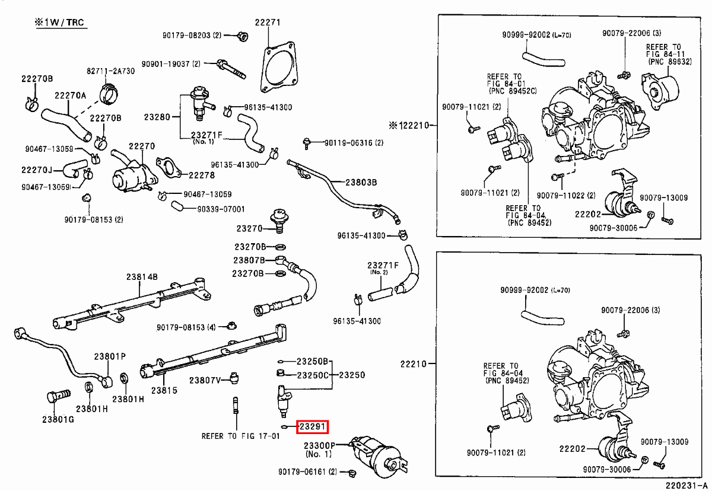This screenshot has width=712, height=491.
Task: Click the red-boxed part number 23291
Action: pyautogui.click(x=313, y=427)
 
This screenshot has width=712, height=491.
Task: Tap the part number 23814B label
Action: pyautogui.click(x=142, y=277)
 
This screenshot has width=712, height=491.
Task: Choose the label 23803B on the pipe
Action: pyautogui.click(x=361, y=183)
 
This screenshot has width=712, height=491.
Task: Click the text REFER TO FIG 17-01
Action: pyautogui.click(x=240, y=436)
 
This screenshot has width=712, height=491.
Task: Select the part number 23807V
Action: pyautogui.click(x=205, y=380)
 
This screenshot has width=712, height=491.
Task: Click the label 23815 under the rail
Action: pyautogui.click(x=164, y=391)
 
